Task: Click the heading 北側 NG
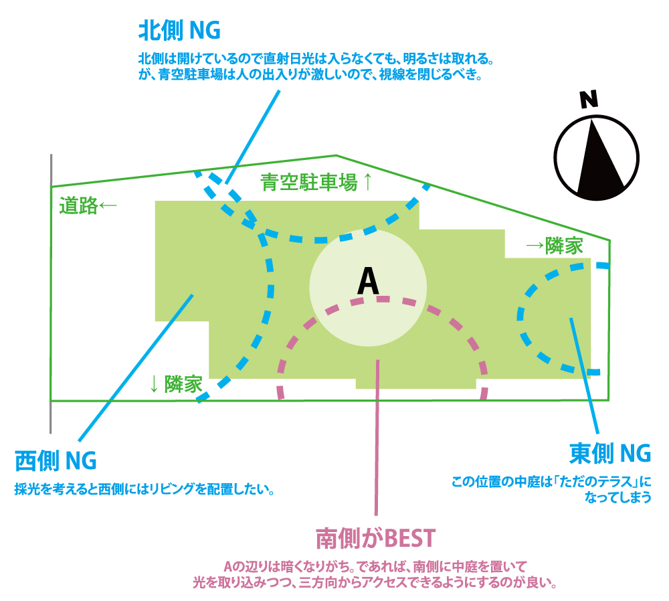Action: click(179, 30)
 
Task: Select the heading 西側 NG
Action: click(56, 461)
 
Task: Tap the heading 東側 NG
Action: click(609, 453)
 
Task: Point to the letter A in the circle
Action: click(368, 281)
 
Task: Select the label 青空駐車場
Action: click(309, 182)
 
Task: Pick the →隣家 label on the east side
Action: click(554, 246)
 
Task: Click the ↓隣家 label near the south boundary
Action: click(175, 384)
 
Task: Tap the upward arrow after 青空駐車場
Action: click(367, 182)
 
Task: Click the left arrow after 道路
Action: click(107, 206)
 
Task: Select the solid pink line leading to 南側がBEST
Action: click(377, 435)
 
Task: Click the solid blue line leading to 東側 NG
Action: click(583, 375)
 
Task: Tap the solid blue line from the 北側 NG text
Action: click(254, 134)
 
